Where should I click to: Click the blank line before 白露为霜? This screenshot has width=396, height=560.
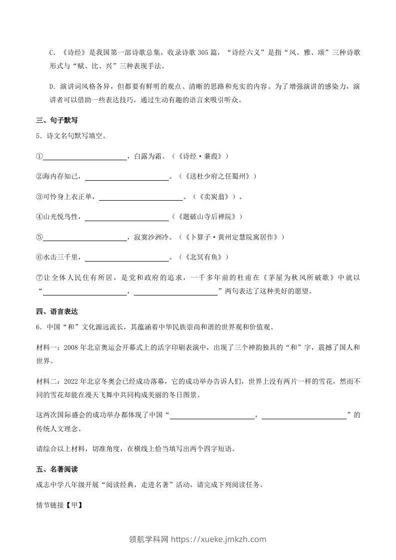85,157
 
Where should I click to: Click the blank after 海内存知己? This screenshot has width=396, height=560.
127,177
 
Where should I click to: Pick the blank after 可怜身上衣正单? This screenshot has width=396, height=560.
141,197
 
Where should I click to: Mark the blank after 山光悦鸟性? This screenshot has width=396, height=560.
127,217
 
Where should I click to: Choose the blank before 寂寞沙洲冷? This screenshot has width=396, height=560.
85,237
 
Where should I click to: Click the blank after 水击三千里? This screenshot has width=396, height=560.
127,258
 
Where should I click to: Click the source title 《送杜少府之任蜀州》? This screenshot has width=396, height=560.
220,177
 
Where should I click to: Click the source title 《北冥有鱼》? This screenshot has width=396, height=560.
206,258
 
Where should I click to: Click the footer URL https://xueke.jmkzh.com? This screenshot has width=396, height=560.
218,539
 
